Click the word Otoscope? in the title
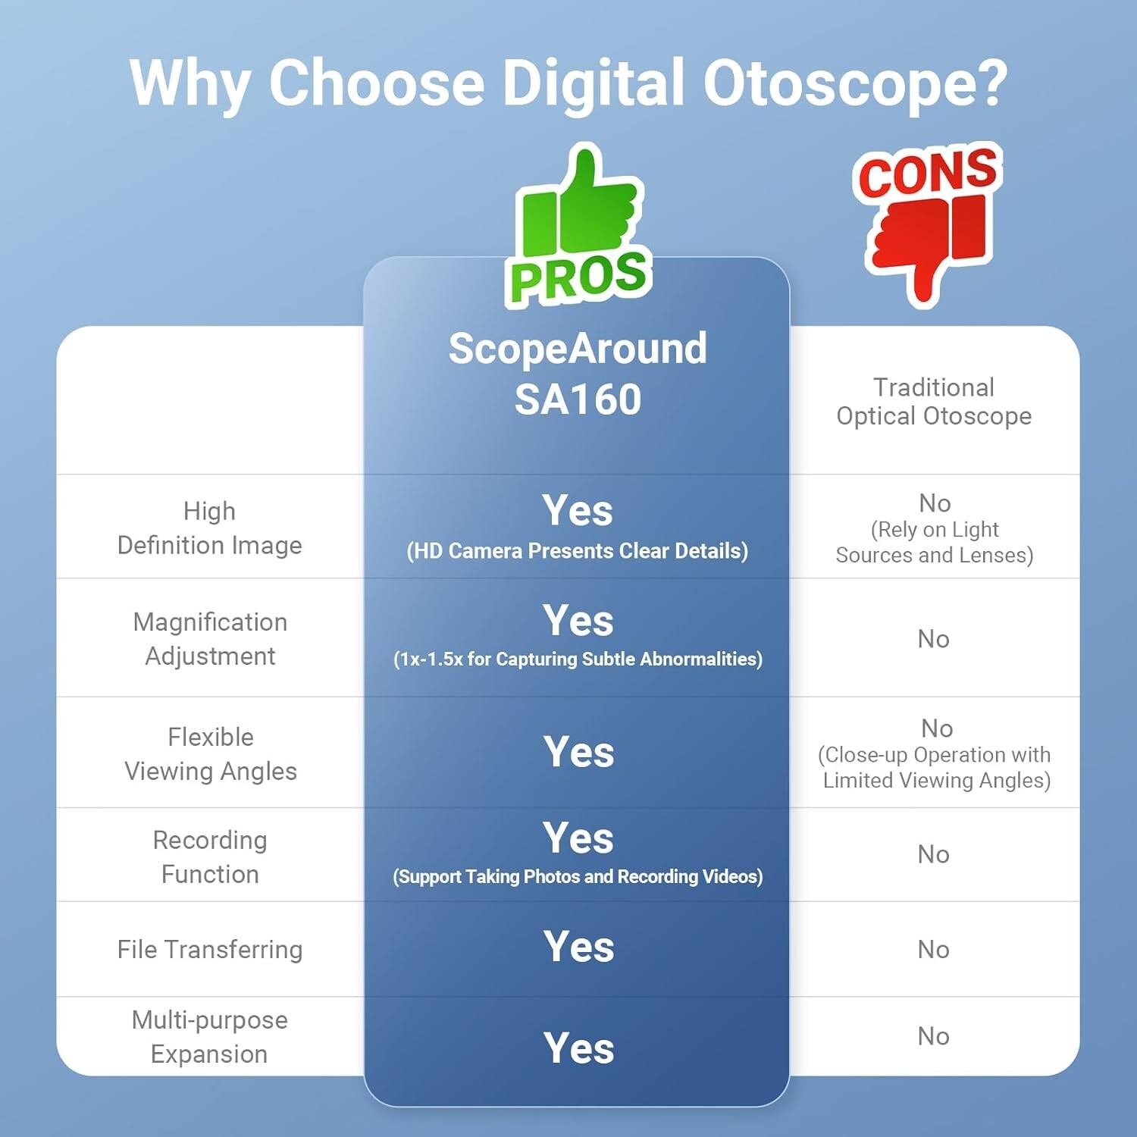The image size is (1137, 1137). pyautogui.click(x=855, y=83)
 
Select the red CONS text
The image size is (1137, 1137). pyautogui.click(x=927, y=172)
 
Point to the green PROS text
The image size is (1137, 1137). pyautogui.click(x=578, y=276)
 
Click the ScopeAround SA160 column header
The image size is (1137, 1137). pyautogui.click(x=578, y=374)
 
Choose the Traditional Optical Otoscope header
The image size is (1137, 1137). pyautogui.click(x=934, y=402)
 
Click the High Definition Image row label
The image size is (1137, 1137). pyautogui.click(x=210, y=528)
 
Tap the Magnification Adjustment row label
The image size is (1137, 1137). pyautogui.click(x=210, y=638)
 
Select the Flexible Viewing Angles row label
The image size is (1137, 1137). pyautogui.click(x=211, y=753)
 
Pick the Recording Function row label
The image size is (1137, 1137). pyautogui.click(x=210, y=857)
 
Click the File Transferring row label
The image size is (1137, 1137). pyautogui.click(x=210, y=949)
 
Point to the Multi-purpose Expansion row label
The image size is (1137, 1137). pyautogui.click(x=210, y=1036)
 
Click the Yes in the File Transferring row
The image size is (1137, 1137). pyautogui.click(x=578, y=947)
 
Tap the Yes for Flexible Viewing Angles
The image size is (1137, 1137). pyautogui.click(x=578, y=752)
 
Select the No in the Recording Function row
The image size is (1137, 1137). pyautogui.click(x=933, y=854)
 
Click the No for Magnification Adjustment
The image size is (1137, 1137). pyautogui.click(x=933, y=639)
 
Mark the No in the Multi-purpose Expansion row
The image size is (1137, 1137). pyautogui.click(x=933, y=1036)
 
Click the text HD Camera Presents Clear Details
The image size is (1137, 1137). pyautogui.click(x=578, y=551)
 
